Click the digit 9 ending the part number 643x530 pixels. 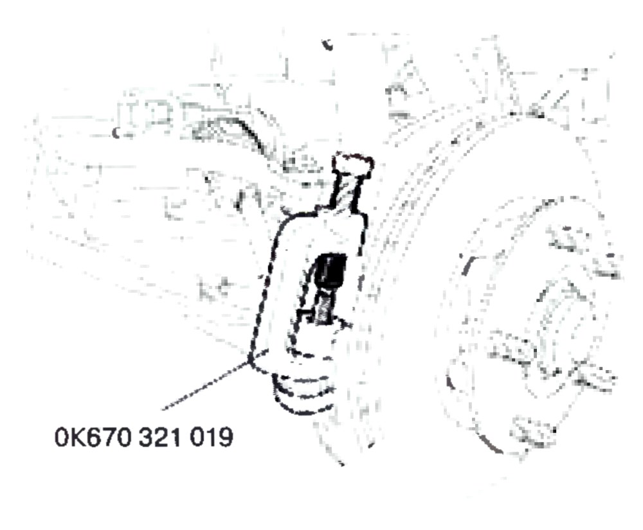[x=226, y=437]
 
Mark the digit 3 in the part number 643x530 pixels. [x=145, y=437]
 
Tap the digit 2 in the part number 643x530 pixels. [x=161, y=437]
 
